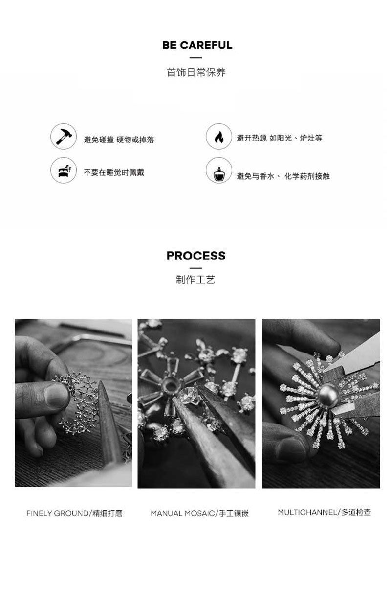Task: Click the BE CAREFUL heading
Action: click(x=197, y=46)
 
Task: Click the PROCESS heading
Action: click(x=196, y=256)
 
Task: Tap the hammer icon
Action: click(x=63, y=137)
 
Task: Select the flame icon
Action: click(x=218, y=137)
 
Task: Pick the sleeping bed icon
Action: click(x=63, y=170)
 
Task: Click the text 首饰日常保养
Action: click(x=196, y=72)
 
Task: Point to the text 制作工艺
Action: click(x=195, y=280)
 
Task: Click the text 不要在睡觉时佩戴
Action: click(x=114, y=172)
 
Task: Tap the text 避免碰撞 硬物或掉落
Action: click(x=119, y=140)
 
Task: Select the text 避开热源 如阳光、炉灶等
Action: click(x=279, y=139)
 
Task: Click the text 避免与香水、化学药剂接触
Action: click(x=283, y=176)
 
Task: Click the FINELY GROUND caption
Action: click(x=74, y=514)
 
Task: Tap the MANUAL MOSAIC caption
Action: click(x=199, y=514)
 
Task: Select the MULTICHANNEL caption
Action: click(x=324, y=513)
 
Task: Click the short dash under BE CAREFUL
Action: click(x=195, y=58)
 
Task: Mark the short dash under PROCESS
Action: click(x=195, y=268)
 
